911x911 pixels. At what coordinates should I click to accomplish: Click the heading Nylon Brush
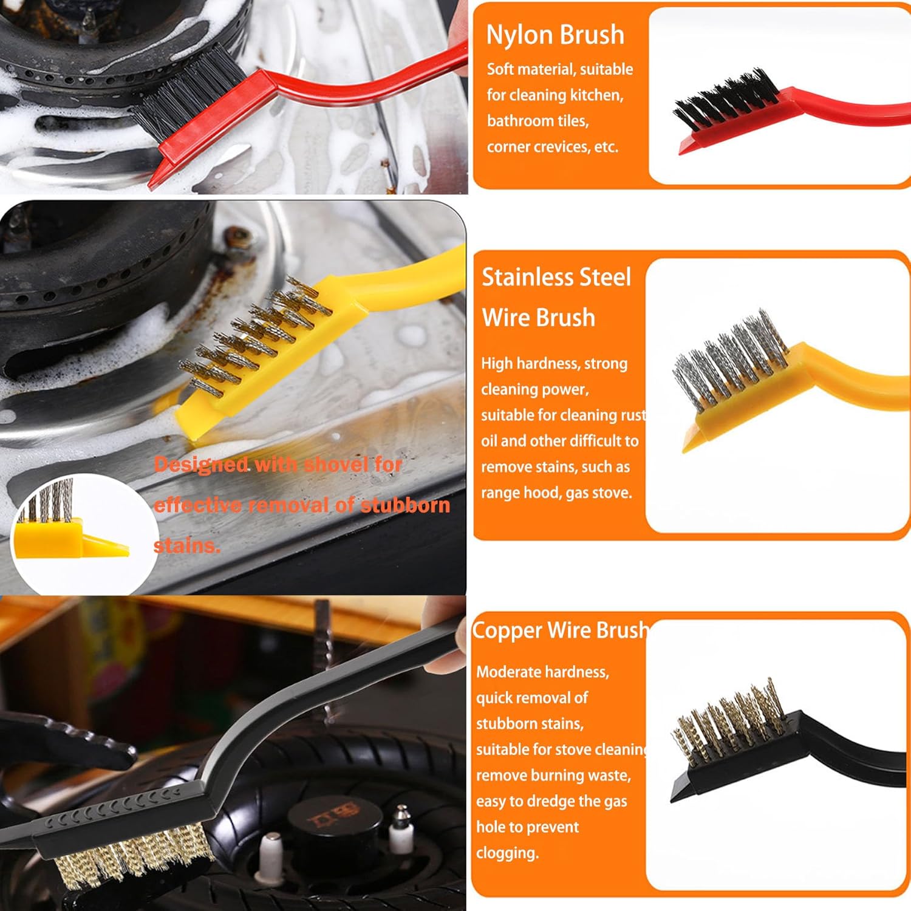click(x=555, y=35)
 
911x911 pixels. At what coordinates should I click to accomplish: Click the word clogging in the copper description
click(x=508, y=853)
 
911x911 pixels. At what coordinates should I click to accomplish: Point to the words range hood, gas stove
click(x=556, y=493)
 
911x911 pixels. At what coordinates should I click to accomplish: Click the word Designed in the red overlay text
click(x=201, y=465)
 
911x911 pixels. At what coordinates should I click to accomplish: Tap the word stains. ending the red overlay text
click(x=186, y=545)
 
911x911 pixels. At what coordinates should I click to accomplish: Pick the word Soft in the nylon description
click(x=500, y=69)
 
